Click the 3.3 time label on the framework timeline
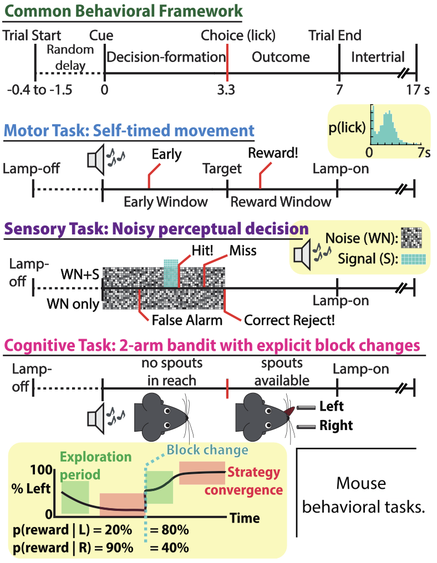[226, 89]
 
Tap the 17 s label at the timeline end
[418, 89]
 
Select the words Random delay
[70, 58]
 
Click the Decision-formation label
[166, 57]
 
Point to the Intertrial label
[378, 57]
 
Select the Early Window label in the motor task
[166, 202]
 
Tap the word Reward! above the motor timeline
[273, 153]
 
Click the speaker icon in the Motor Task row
[96, 160]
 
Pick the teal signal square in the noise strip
[171, 273]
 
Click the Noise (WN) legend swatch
[411, 238]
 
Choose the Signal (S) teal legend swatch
[414, 259]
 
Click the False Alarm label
[187, 320]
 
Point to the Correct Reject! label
[289, 320]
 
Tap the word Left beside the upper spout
[331, 406]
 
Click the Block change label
[208, 450]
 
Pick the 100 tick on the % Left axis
[42, 470]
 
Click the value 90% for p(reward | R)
[119, 548]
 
